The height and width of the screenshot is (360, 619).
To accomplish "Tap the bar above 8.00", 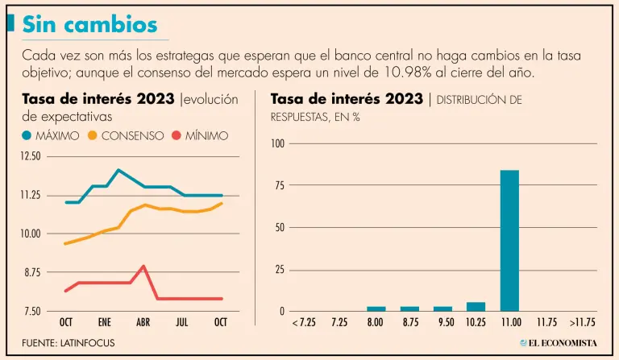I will pyautogui.click(x=376, y=308).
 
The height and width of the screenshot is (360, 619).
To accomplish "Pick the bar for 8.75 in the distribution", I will pyautogui.click(x=409, y=308).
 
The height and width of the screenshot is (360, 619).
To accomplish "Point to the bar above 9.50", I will pyautogui.click(x=442, y=308).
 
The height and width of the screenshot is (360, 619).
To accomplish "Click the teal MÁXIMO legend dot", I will pyautogui.click(x=26, y=136).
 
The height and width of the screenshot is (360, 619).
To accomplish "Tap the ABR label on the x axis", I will pyautogui.click(x=143, y=322).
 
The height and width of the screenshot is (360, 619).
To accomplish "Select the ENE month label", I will pyautogui.click(x=105, y=322).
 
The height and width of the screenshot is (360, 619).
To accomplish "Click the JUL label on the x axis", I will pyautogui.click(x=182, y=322).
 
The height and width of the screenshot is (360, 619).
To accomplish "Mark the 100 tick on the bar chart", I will pyautogui.click(x=277, y=143).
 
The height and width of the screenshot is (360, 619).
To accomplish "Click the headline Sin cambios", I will pyautogui.click(x=89, y=24).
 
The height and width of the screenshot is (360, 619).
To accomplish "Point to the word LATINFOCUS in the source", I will pyautogui.click(x=87, y=343).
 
